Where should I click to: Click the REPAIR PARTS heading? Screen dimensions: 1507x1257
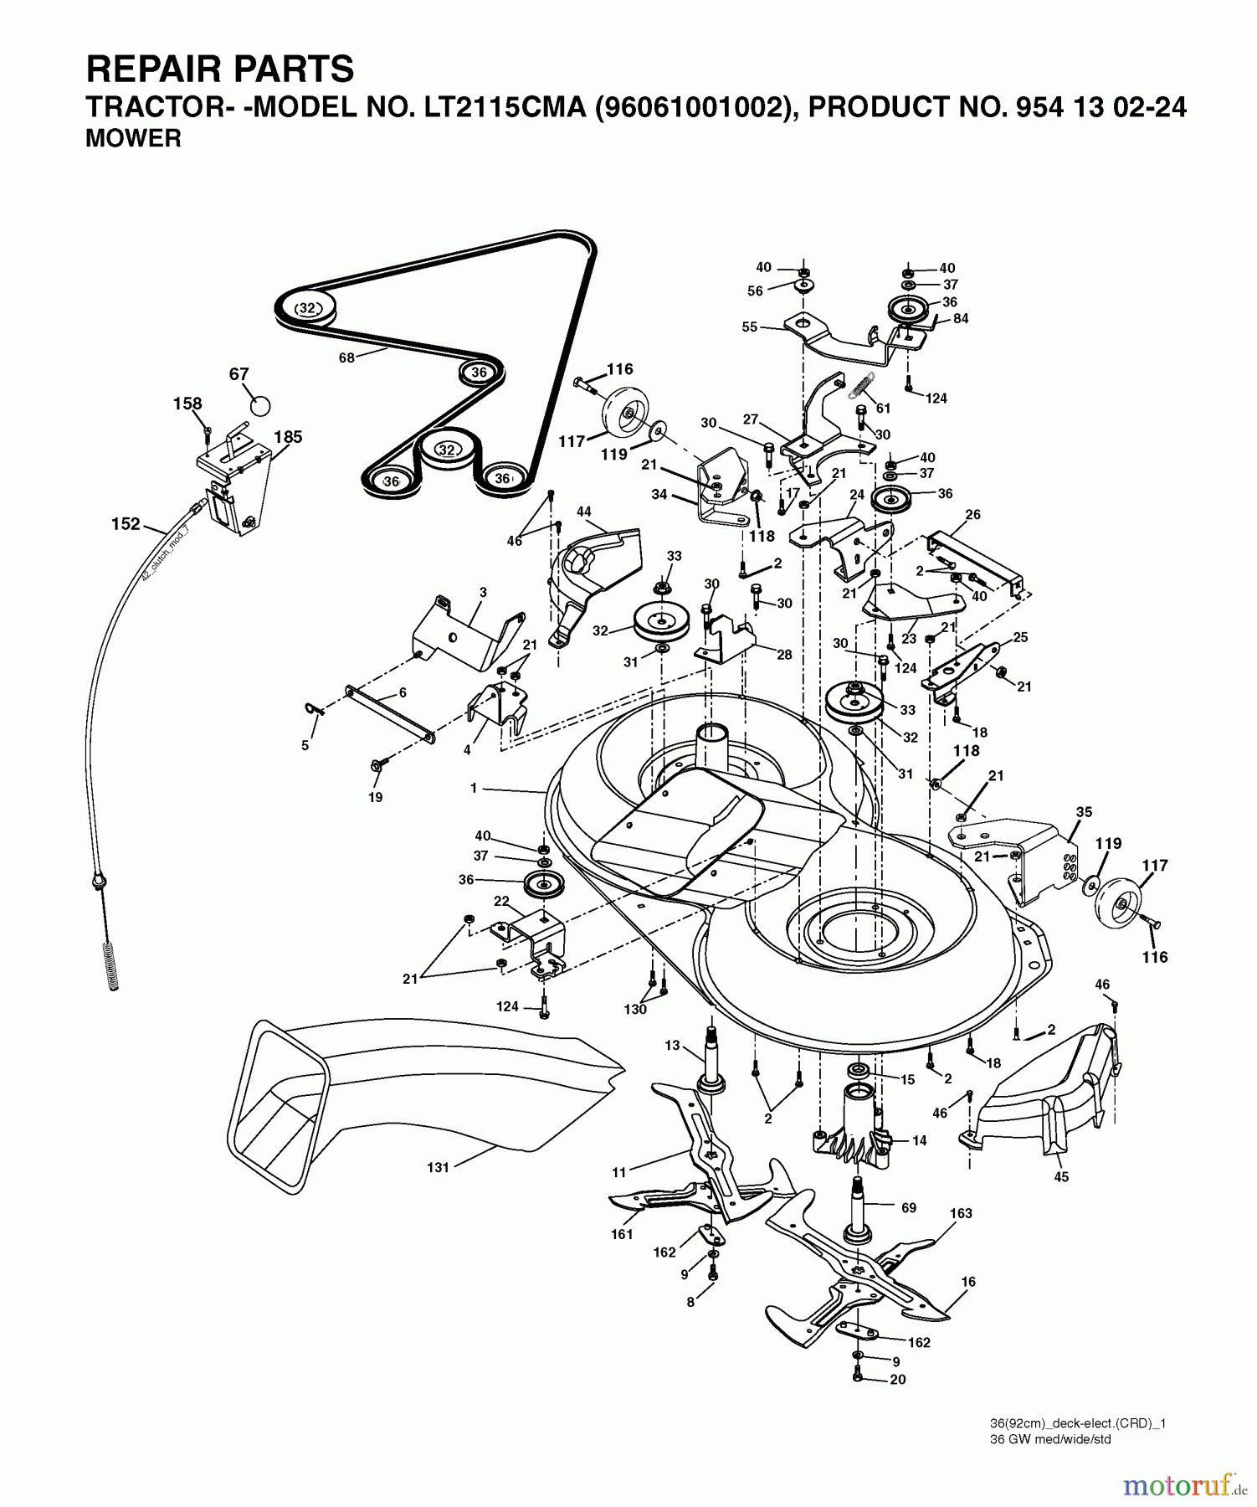point(220,69)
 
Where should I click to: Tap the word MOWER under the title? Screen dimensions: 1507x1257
point(133,139)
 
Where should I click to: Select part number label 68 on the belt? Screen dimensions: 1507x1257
point(346,357)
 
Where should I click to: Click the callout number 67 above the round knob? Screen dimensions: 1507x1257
point(239,374)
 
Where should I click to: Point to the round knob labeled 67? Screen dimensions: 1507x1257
point(261,406)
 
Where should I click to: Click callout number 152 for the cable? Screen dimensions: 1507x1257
point(126,524)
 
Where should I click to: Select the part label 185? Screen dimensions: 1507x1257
point(288,437)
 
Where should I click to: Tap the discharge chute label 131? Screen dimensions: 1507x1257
point(439,1167)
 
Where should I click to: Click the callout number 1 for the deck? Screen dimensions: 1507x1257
point(474,788)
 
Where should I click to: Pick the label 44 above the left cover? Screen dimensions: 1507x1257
point(583,511)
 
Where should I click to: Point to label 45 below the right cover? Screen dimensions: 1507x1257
point(1061,1177)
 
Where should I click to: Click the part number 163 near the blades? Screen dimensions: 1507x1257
point(961,1213)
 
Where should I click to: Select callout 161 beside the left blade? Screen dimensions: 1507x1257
point(622,1234)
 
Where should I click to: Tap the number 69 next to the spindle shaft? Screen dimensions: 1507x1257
point(909,1208)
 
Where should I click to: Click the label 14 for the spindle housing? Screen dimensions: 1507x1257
point(919,1140)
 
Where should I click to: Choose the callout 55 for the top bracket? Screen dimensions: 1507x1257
point(749,327)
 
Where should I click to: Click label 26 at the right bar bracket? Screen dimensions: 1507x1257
point(972,515)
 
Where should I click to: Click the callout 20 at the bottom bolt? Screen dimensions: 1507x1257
point(897,1380)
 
